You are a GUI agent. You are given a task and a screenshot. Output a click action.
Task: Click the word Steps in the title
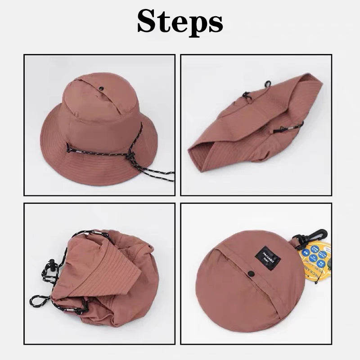[x=180, y=21]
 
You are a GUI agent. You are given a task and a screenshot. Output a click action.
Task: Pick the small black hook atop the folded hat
[x=268, y=83]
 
